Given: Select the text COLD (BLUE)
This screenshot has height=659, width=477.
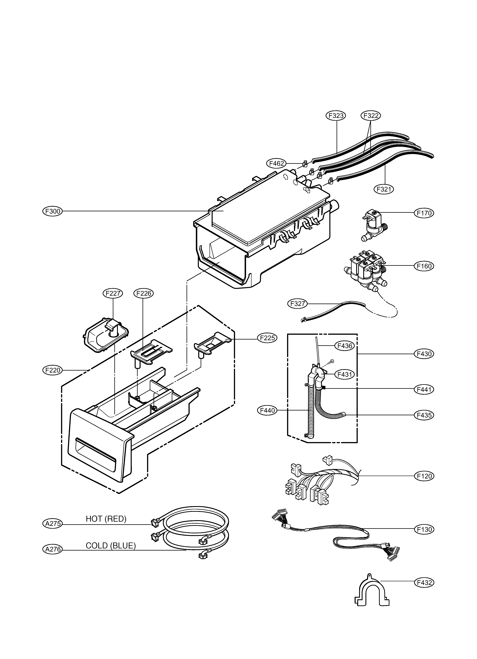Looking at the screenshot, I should coord(111,546).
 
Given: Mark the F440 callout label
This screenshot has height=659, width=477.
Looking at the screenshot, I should coord(267,411).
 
